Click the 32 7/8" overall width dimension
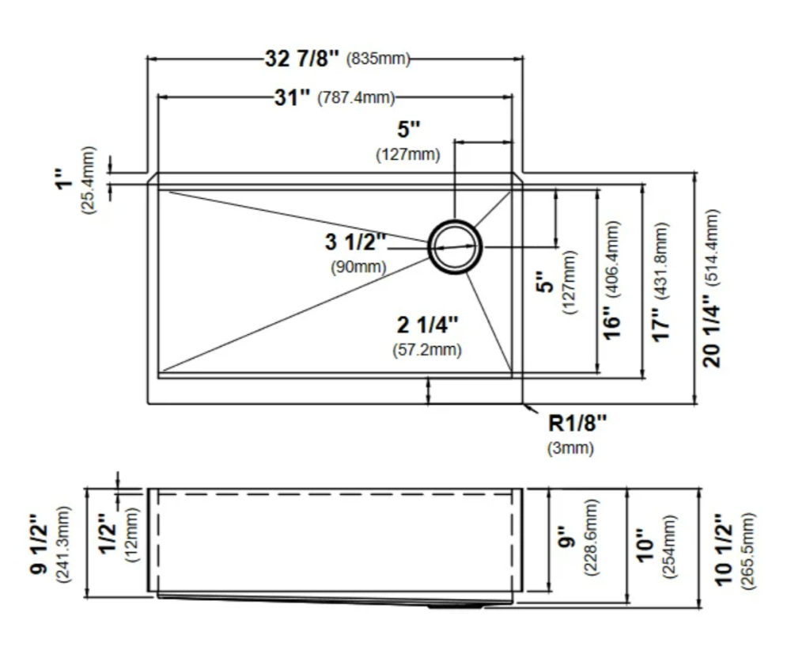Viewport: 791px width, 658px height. click(x=302, y=59)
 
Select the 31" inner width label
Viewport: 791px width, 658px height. click(x=293, y=97)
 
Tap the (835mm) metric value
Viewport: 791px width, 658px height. click(x=378, y=59)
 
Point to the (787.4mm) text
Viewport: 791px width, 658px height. click(x=356, y=97)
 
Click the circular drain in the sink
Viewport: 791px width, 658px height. click(x=455, y=246)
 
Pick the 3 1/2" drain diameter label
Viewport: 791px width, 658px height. click(x=356, y=242)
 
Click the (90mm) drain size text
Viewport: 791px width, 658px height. click(x=358, y=267)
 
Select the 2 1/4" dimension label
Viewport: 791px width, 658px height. click(x=428, y=325)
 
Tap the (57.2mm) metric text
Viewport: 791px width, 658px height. click(x=427, y=349)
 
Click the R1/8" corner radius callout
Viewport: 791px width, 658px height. click(x=577, y=423)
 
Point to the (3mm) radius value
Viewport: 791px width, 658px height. click(x=570, y=448)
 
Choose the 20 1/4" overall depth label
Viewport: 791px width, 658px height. click(x=712, y=331)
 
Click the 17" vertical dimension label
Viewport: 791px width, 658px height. click(x=661, y=325)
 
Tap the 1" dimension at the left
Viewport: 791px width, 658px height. click(x=65, y=180)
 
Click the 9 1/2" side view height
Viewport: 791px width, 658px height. click(x=40, y=544)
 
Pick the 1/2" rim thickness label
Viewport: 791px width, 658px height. click(x=108, y=534)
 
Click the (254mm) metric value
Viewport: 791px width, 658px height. click(x=669, y=546)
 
